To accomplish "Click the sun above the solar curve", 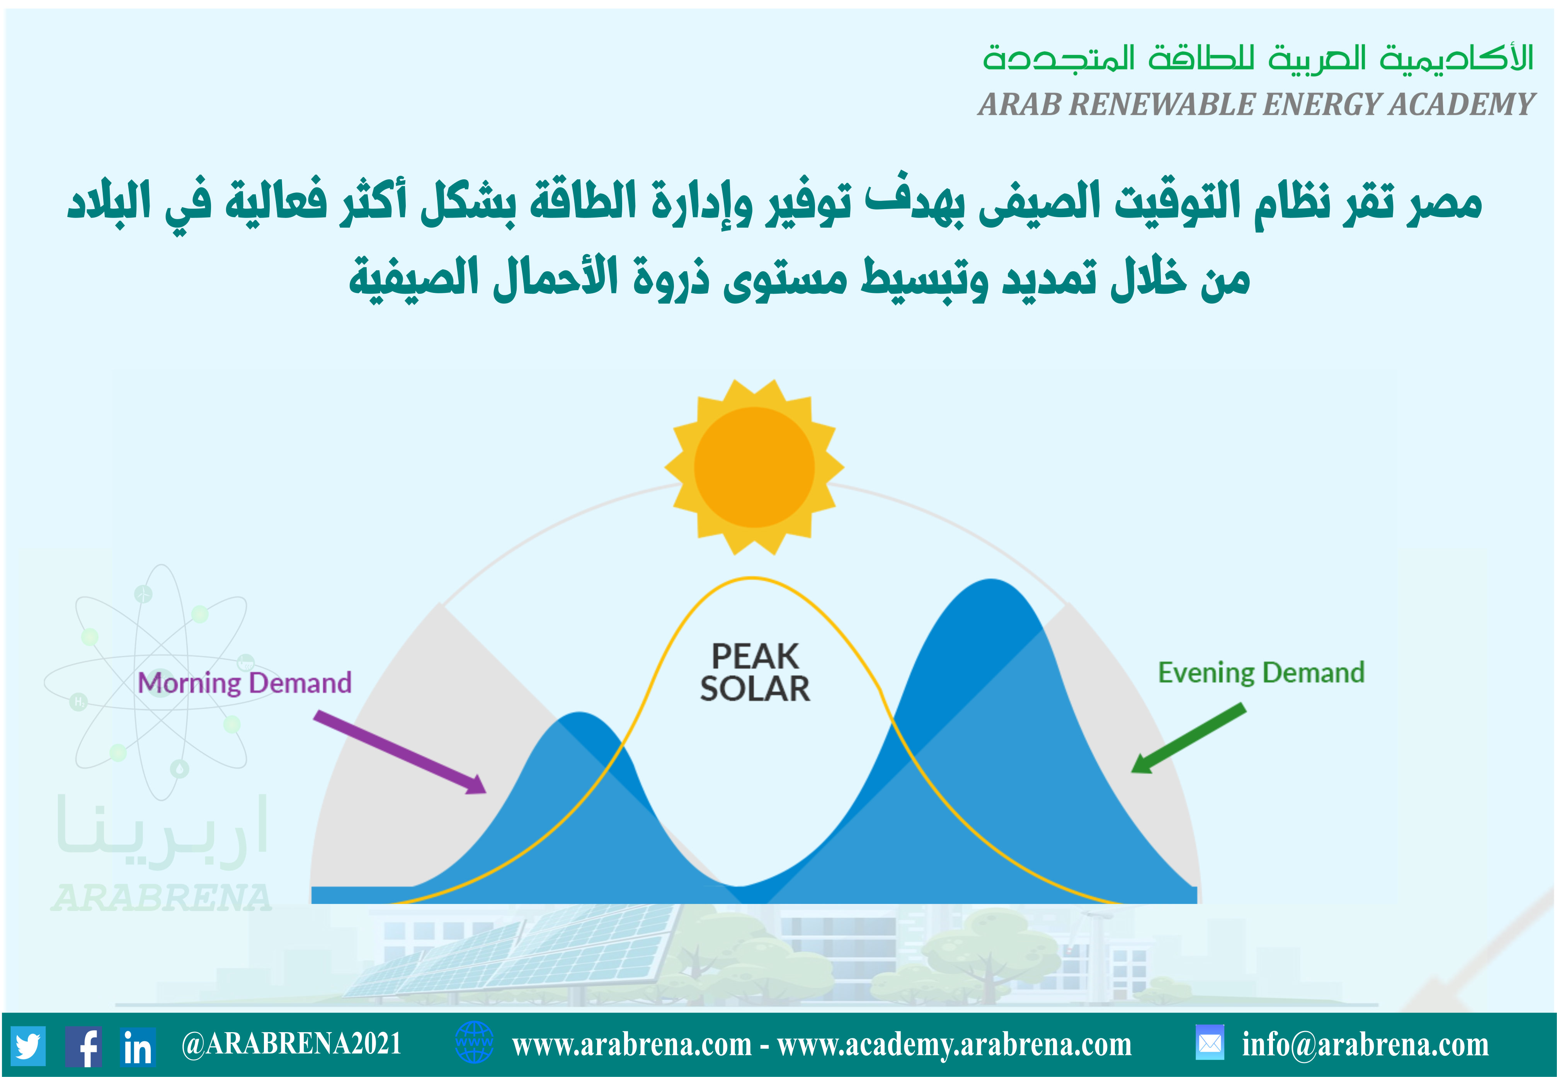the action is [x=754, y=467].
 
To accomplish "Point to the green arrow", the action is [x=1188, y=738].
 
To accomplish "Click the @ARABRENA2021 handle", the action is [x=291, y=1044].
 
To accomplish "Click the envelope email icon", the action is [x=1210, y=1043].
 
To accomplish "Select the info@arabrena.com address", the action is [x=1365, y=1044].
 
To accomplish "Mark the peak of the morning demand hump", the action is [x=579, y=713].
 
